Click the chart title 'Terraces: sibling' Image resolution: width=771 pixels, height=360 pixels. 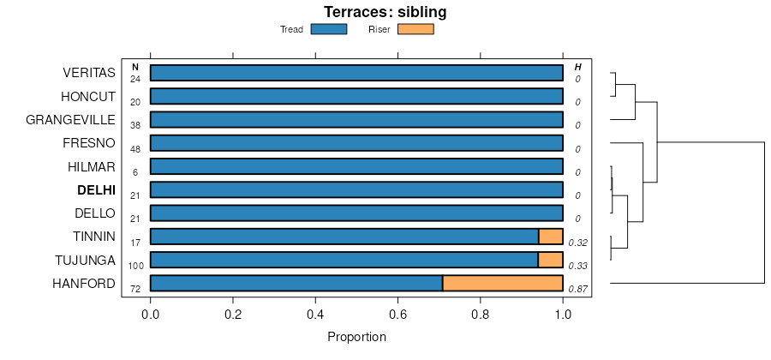pyautogui.click(x=385, y=12)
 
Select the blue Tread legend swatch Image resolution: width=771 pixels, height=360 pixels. pyautogui.click(x=328, y=29)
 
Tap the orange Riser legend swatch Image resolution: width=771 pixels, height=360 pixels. pyautogui.click(x=415, y=29)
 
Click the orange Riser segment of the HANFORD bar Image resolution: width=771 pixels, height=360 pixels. pyautogui.click(x=502, y=283)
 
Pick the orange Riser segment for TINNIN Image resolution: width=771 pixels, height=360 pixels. pyautogui.click(x=550, y=237)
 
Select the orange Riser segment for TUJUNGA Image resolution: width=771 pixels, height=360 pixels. pyautogui.click(x=550, y=260)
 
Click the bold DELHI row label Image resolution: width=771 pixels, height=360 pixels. pyautogui.click(x=96, y=190)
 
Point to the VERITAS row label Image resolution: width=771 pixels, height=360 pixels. pyautogui.click(x=89, y=73)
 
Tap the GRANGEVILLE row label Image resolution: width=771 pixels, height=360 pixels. pyautogui.click(x=71, y=120)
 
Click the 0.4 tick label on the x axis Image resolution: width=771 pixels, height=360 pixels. pyautogui.click(x=315, y=315)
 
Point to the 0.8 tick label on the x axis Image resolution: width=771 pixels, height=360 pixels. pyautogui.click(x=481, y=315)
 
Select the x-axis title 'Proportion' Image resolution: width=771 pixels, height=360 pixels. pyautogui.click(x=356, y=337)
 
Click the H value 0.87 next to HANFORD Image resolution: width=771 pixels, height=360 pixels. pyautogui.click(x=579, y=289)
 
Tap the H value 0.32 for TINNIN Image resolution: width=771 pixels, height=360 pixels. pyautogui.click(x=579, y=243)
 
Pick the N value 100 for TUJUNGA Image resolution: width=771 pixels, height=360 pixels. pyautogui.click(x=135, y=266)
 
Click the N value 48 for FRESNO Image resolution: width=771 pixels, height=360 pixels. pyautogui.click(x=135, y=149)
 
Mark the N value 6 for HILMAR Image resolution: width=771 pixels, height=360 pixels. pyautogui.click(x=135, y=172)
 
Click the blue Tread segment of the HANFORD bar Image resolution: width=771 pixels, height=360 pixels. pyautogui.click(x=296, y=283)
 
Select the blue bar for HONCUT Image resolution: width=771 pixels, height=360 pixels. pyautogui.click(x=356, y=96)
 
